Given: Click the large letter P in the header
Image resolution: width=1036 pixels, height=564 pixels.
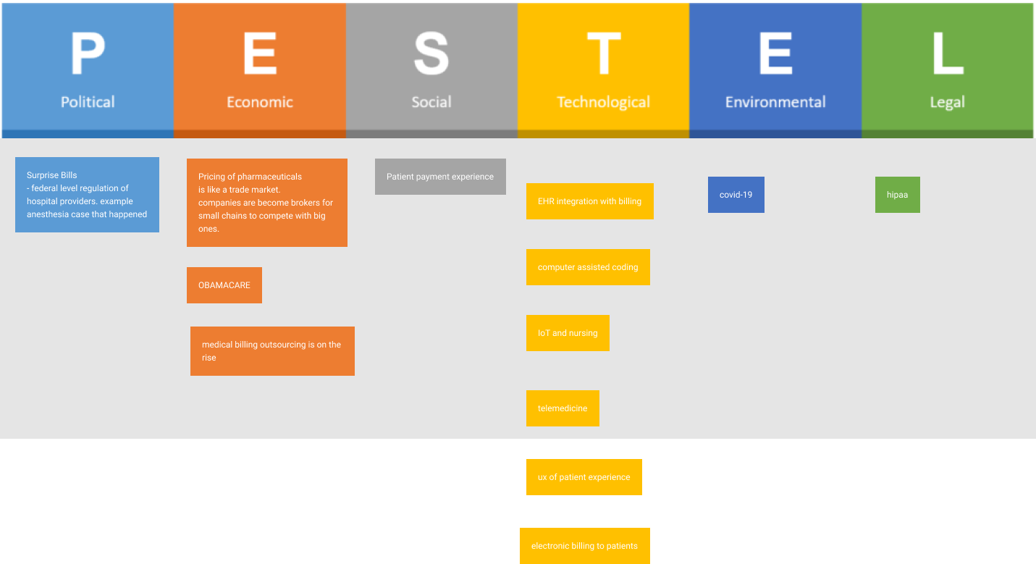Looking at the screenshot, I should pyautogui.click(x=88, y=54).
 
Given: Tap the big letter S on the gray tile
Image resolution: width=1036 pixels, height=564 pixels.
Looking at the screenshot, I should pyautogui.click(x=431, y=54).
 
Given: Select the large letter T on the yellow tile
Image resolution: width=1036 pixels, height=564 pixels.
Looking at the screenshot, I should pyautogui.click(x=604, y=54).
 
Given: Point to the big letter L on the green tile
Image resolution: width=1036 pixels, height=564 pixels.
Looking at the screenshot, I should pyautogui.click(x=947, y=54).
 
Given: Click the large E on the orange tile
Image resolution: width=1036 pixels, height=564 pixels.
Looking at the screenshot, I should pyautogui.click(x=260, y=54).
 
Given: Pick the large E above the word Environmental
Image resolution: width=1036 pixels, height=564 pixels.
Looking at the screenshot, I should pyautogui.click(x=775, y=54).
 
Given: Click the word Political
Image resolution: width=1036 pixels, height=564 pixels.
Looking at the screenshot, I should pyautogui.click(x=88, y=102).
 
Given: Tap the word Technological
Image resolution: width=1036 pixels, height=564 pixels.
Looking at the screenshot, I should pyautogui.click(x=604, y=102).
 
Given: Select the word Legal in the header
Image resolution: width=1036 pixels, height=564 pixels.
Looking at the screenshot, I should pyautogui.click(x=947, y=102).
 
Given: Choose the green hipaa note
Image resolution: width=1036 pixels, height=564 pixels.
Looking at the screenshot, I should pyautogui.click(x=897, y=195).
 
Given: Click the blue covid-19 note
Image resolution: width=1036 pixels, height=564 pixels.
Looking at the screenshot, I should pyautogui.click(x=736, y=195).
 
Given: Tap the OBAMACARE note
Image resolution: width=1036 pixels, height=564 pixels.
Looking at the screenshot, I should pyautogui.click(x=224, y=285).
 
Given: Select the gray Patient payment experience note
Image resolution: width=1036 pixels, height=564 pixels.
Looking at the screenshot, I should pyautogui.click(x=440, y=177).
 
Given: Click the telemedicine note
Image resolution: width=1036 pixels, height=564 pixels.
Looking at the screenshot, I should pyautogui.click(x=563, y=408).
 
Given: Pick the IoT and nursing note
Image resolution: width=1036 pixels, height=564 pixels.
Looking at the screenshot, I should pyautogui.click(x=568, y=333).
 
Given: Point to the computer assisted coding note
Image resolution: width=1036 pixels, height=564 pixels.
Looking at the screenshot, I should pyautogui.click(x=588, y=267).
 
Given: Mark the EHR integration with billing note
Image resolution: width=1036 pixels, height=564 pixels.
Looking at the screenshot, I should pyautogui.click(x=589, y=201).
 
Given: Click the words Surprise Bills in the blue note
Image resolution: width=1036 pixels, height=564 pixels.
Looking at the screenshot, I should pyautogui.click(x=52, y=175).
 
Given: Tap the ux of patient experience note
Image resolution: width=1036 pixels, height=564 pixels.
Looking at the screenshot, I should pyautogui.click(x=584, y=477).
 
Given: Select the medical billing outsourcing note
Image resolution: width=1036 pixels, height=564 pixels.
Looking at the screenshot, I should pyautogui.click(x=272, y=351).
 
